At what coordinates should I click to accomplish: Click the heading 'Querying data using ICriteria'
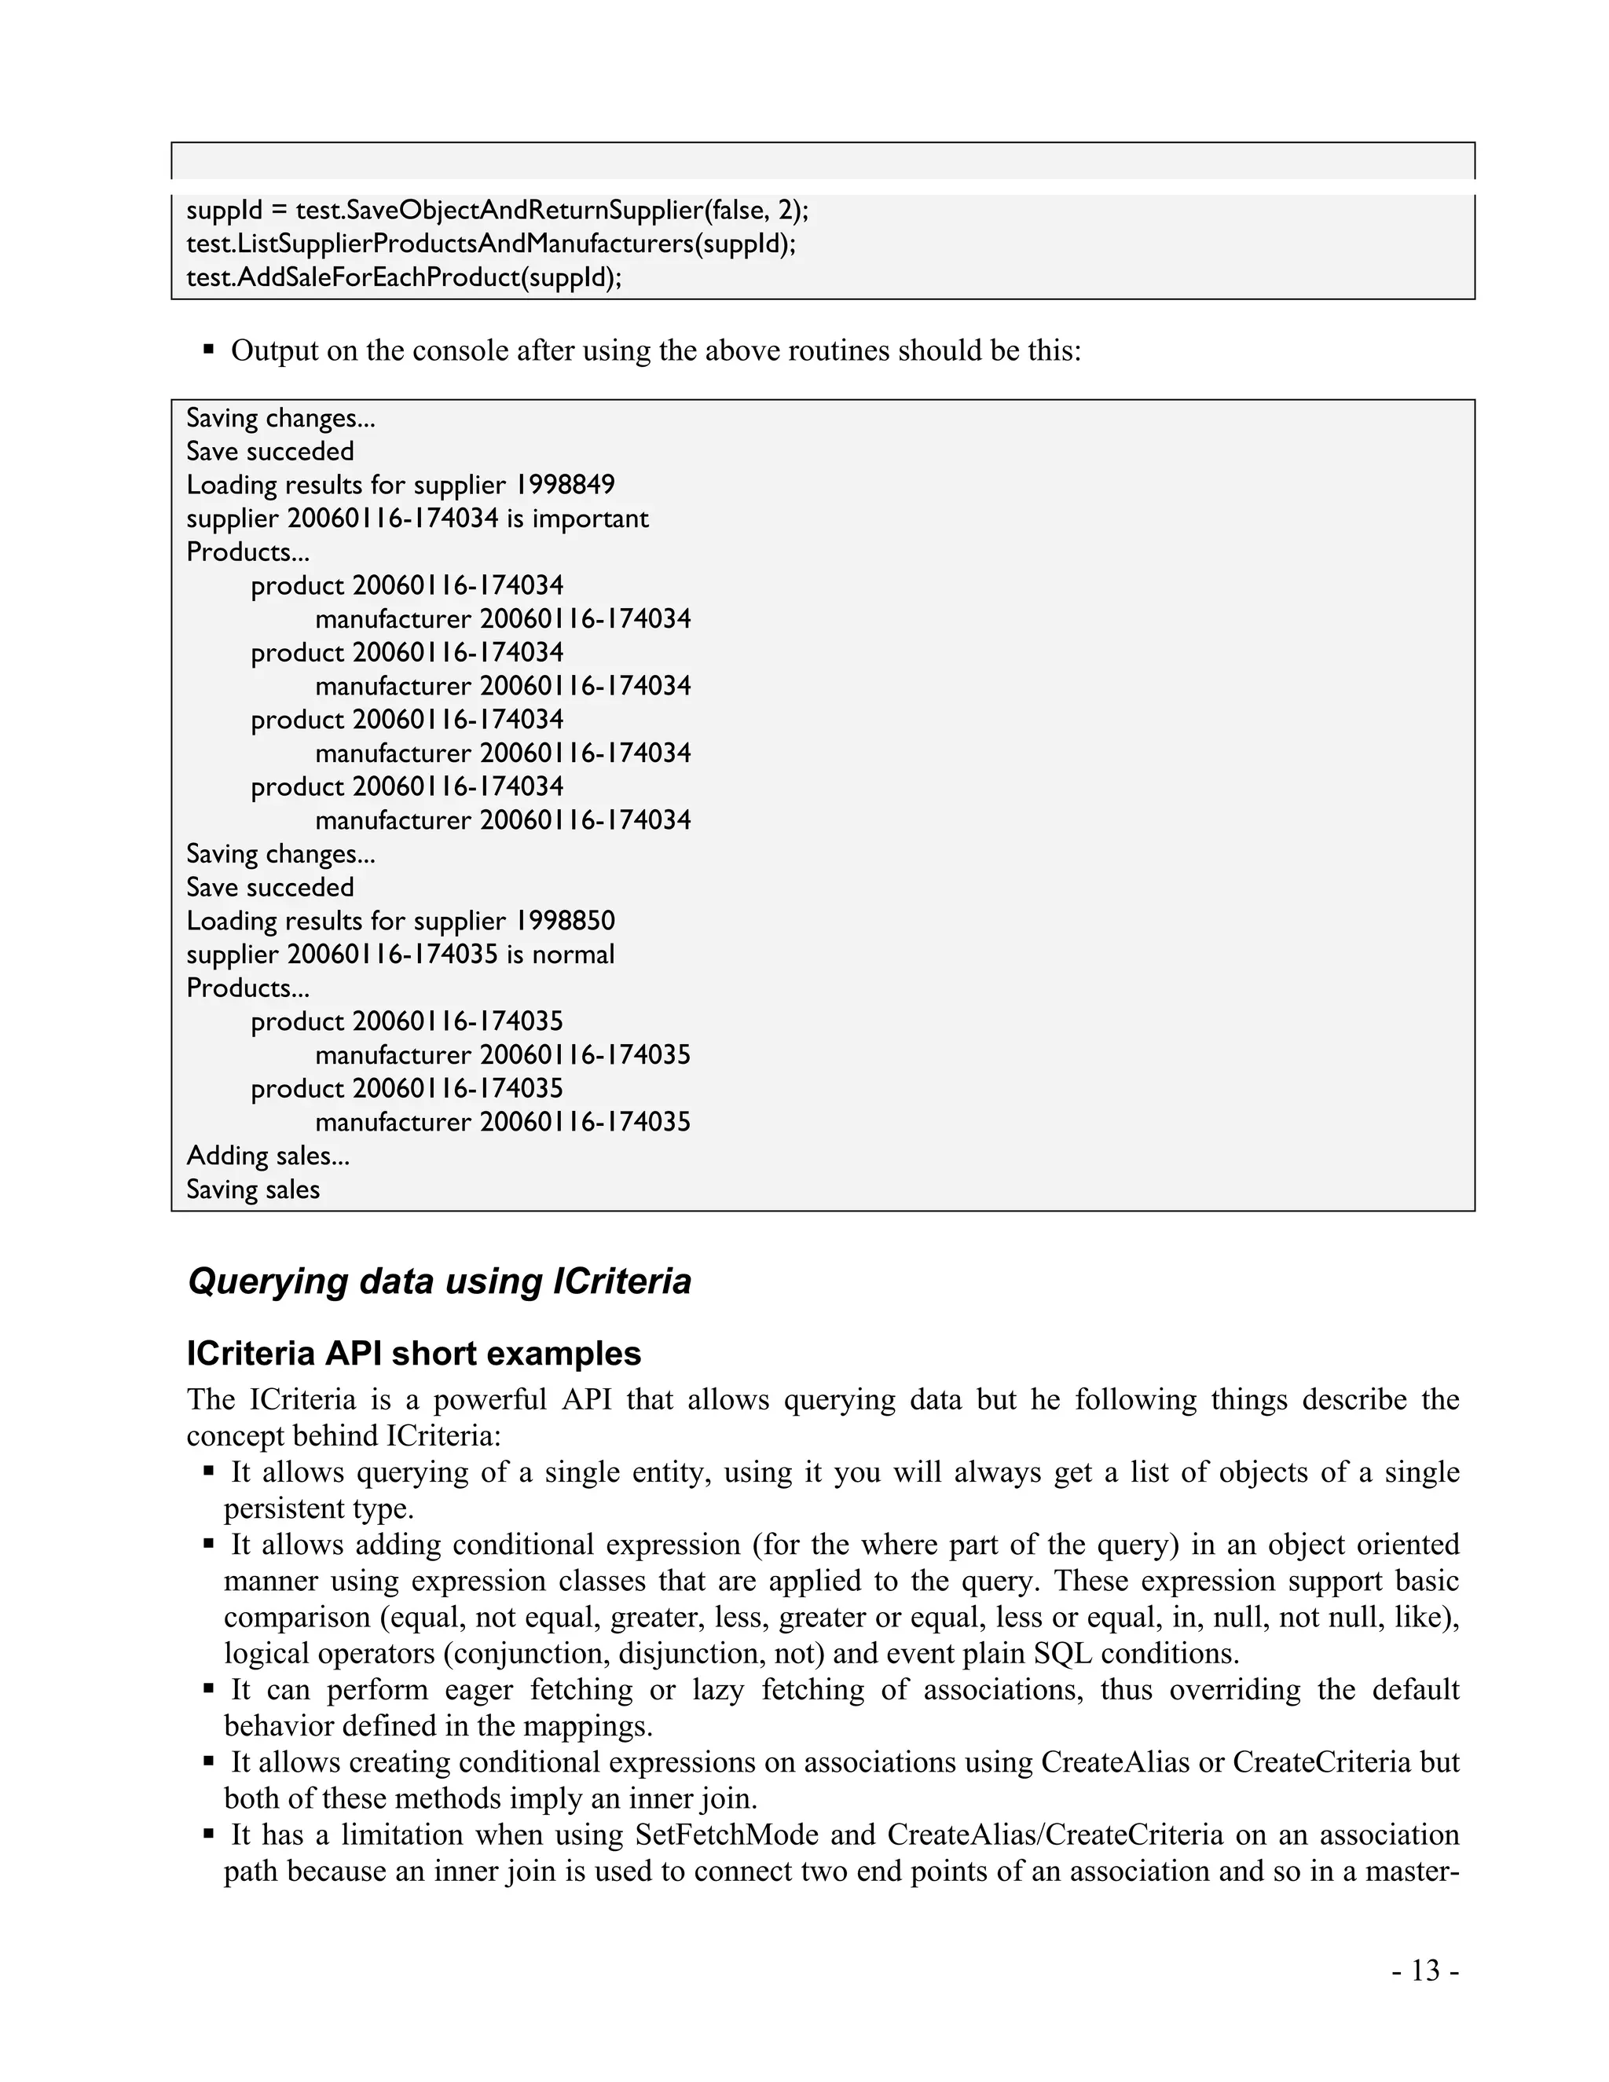(x=439, y=1281)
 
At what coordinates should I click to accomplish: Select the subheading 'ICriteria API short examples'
(x=414, y=1354)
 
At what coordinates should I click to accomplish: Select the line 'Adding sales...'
(x=268, y=1156)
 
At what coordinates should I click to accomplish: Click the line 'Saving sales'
(x=253, y=1189)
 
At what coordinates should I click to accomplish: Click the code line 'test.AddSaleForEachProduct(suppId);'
(x=403, y=277)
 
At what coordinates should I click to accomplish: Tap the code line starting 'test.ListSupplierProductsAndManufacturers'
(x=490, y=244)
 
